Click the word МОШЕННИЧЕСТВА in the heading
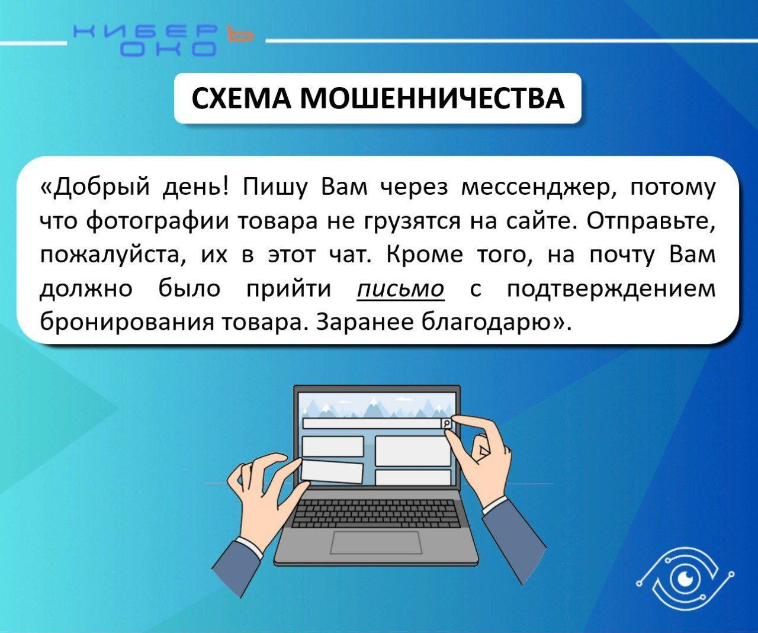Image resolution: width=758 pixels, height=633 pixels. [432, 98]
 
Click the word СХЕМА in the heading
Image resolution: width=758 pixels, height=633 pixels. [241, 98]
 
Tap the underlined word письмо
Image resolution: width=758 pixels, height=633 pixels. [400, 290]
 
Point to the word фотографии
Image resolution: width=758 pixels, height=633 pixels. [158, 222]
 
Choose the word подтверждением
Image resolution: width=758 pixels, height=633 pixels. [611, 290]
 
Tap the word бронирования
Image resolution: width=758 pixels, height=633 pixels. [127, 323]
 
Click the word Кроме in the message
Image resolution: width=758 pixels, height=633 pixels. [425, 255]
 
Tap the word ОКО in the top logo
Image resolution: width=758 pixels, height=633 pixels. [168, 49]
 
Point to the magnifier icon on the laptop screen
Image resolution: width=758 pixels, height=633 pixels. [447, 423]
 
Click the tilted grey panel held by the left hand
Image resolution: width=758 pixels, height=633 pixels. [332, 471]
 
